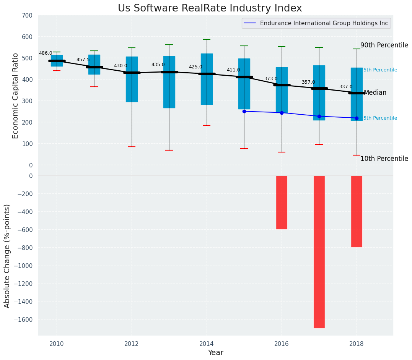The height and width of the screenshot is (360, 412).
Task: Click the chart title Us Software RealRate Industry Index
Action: (210, 8)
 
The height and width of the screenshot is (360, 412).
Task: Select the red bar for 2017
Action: (319, 251)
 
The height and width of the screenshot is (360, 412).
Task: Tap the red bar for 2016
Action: (282, 202)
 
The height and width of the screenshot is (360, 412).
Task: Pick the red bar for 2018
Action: (357, 211)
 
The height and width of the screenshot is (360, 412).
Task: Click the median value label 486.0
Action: (46, 53)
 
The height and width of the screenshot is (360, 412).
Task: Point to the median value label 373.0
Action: (271, 79)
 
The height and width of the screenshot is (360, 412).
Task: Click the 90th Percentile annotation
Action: (384, 45)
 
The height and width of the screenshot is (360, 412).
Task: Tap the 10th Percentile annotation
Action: (384, 159)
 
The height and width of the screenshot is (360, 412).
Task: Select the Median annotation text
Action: (375, 93)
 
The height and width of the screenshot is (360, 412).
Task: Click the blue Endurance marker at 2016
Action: (282, 113)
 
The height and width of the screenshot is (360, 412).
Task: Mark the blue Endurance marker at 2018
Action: (357, 118)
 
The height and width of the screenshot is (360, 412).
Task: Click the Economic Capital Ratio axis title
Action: (16, 96)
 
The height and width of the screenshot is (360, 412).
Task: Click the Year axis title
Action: (215, 353)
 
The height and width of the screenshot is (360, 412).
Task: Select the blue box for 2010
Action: (57, 60)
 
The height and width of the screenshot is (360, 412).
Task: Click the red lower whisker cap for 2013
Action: (169, 150)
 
